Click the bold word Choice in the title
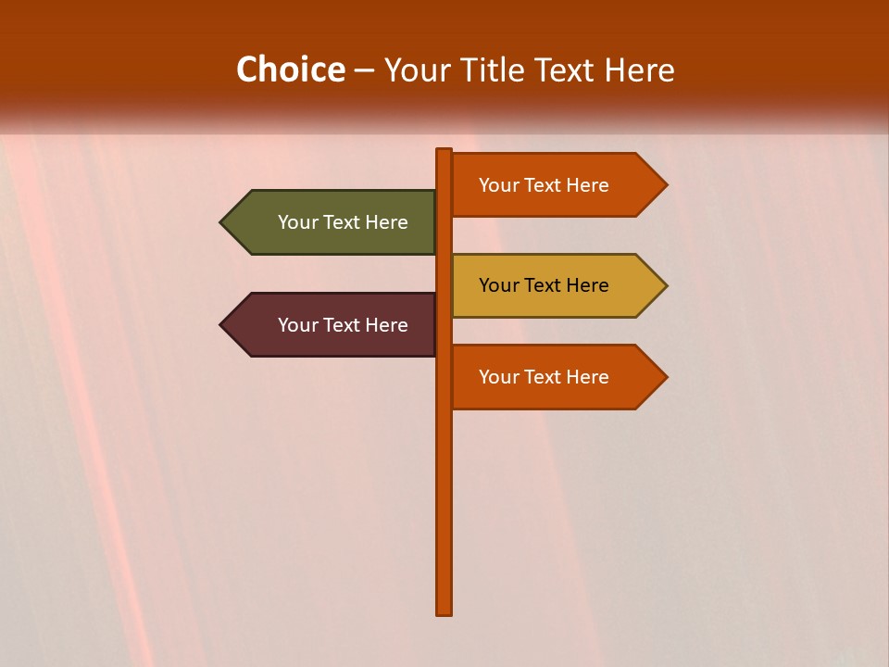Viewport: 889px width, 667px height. [x=290, y=69]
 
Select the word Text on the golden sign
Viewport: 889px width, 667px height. [x=544, y=285]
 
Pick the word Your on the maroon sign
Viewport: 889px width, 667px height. [x=297, y=325]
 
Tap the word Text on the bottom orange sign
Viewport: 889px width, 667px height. [x=544, y=377]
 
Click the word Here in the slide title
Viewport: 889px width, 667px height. [x=639, y=69]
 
